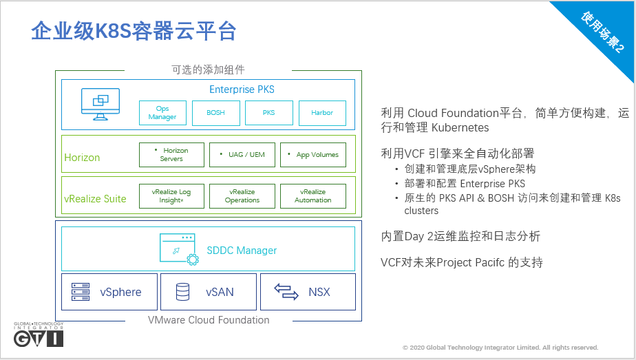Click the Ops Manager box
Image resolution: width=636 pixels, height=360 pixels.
coord(162,113)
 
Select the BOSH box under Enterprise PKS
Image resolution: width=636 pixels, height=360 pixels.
coord(215,113)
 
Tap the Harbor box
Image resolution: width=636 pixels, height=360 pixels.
coord(322,113)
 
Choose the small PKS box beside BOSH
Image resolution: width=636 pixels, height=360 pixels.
coord(268,113)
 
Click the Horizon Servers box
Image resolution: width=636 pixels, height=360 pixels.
coord(171,155)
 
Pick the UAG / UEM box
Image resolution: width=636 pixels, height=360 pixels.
coord(242,155)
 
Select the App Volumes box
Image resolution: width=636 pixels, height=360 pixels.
coord(313,155)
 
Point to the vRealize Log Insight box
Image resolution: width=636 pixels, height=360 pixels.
coord(171,196)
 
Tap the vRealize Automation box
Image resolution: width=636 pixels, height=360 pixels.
coord(313,196)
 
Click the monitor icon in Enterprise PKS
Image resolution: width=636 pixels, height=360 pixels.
coord(100,103)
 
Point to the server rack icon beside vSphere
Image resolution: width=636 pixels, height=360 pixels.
coord(81,292)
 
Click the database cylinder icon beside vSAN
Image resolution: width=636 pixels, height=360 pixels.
coord(182,292)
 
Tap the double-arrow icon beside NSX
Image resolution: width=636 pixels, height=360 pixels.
coord(286,292)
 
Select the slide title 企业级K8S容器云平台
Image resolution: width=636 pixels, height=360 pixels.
coord(134,31)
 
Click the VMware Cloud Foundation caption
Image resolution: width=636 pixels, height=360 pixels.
coord(209,320)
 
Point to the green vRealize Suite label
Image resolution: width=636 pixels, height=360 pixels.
coord(95,199)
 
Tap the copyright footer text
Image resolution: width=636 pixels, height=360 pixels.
coord(500,348)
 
